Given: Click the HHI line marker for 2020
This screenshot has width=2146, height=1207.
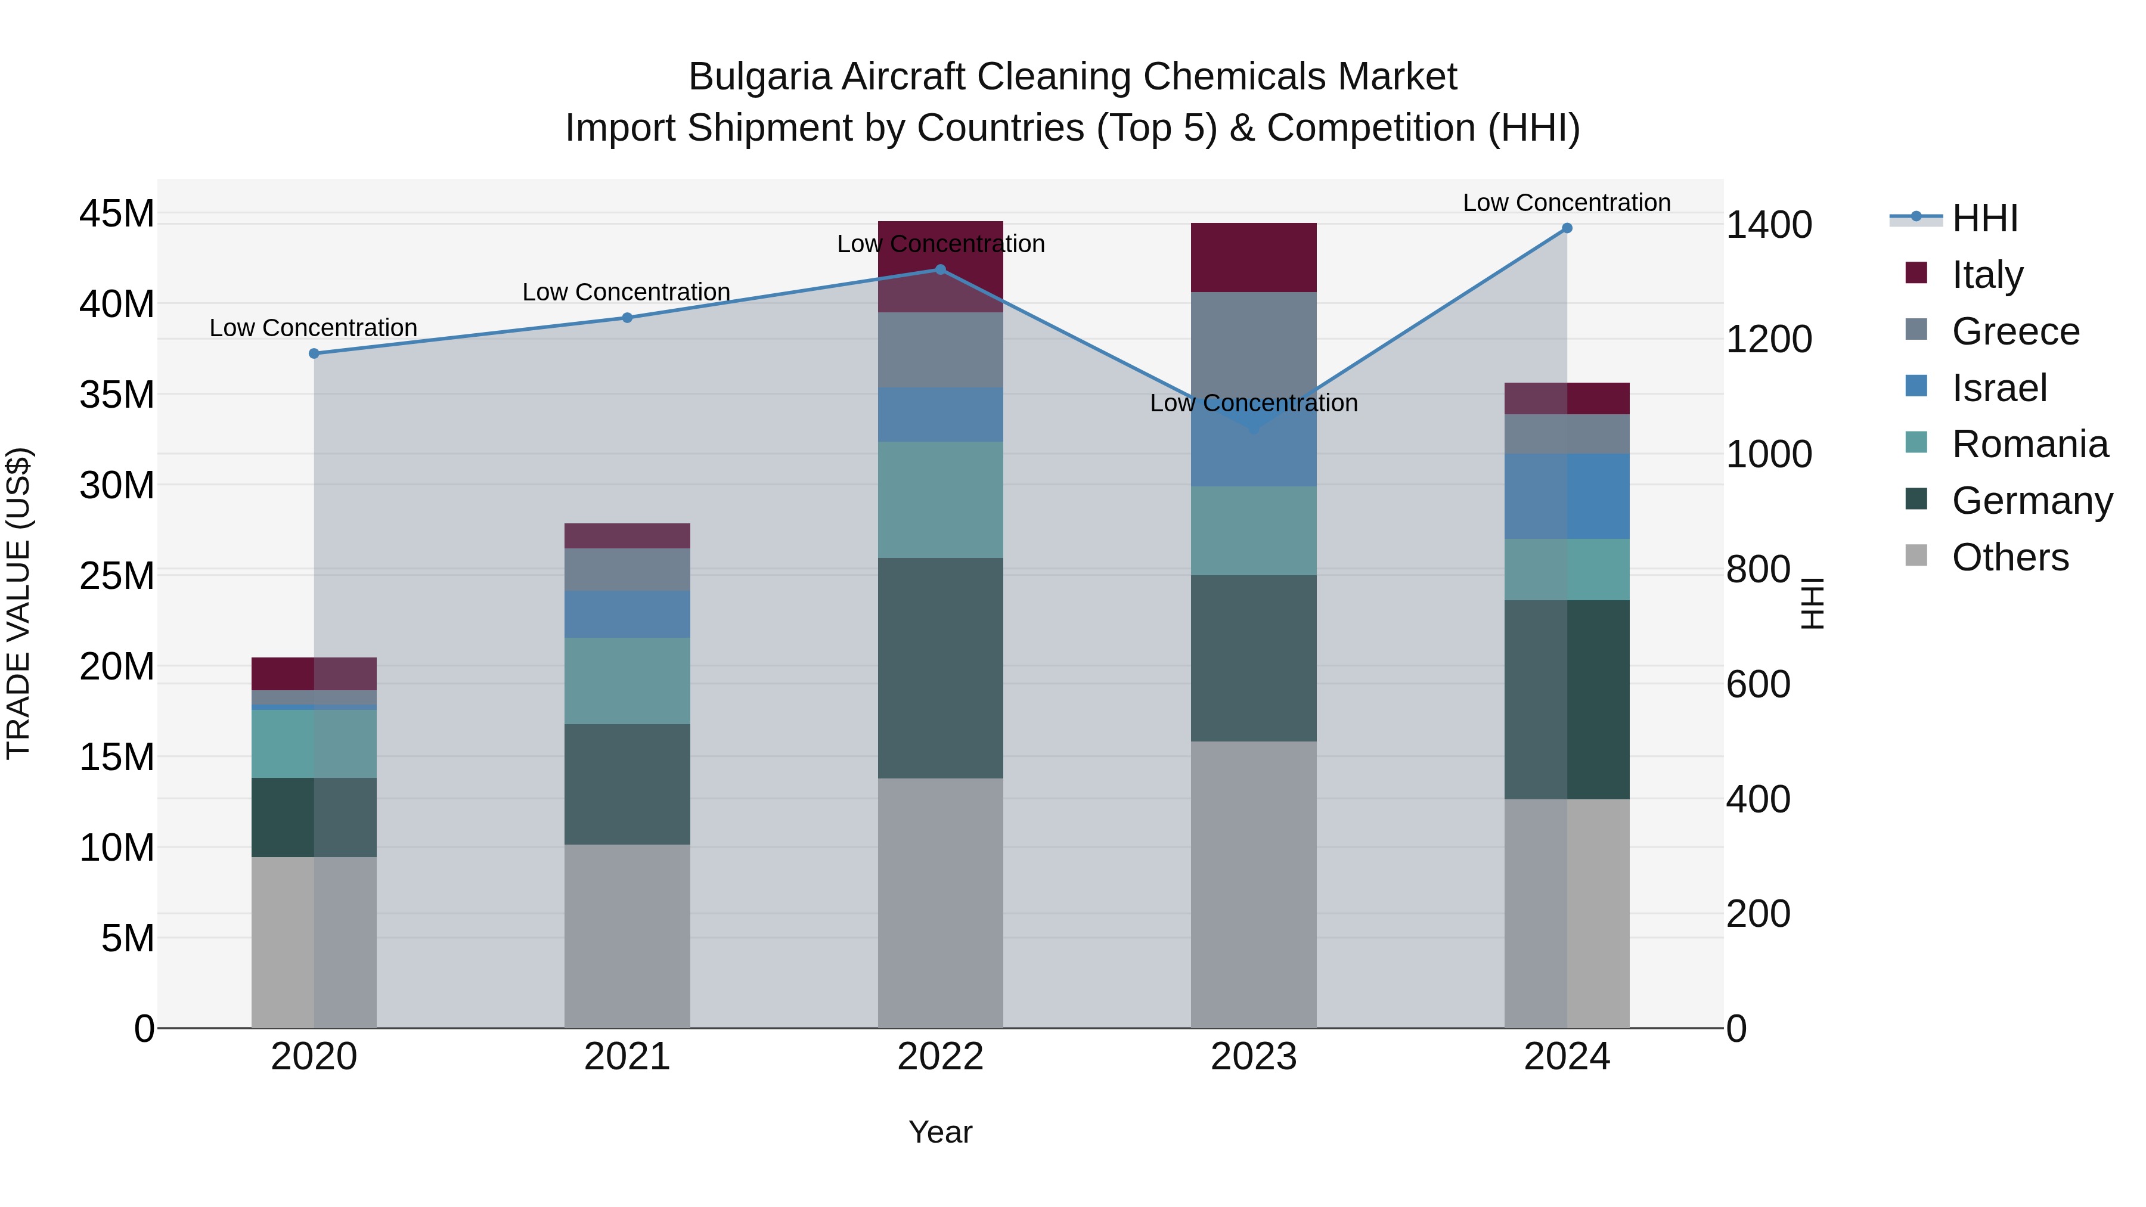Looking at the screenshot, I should click(314, 353).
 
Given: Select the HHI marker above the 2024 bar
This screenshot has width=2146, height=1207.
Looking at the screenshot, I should click(1567, 228).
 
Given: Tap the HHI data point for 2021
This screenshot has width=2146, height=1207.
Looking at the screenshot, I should click(627, 317).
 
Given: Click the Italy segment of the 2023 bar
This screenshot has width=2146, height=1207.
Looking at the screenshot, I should click(1253, 257).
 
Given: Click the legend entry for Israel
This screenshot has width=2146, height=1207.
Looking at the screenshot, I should click(1999, 388).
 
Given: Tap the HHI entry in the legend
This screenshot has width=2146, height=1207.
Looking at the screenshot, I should click(1984, 218).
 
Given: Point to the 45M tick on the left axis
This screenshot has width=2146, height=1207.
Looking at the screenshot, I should click(117, 214).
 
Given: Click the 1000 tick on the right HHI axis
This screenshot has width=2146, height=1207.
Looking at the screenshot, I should click(1768, 455).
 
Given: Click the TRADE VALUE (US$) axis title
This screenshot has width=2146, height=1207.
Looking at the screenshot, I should click(18, 603).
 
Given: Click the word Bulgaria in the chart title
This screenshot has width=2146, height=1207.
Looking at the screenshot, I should click(760, 77).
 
